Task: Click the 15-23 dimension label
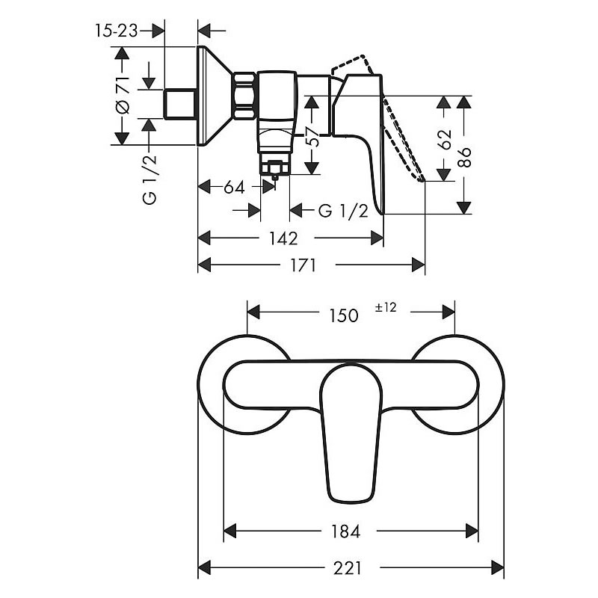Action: (116, 31)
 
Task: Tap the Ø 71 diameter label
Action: (123, 96)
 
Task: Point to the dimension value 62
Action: (445, 140)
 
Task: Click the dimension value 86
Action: (464, 157)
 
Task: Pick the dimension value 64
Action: (234, 188)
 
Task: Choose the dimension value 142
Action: (283, 238)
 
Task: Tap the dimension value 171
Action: (303, 265)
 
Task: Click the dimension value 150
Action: (344, 315)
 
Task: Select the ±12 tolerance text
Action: (386, 307)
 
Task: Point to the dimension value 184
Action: (345, 531)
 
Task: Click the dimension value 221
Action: (347, 567)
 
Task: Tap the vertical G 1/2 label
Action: (149, 179)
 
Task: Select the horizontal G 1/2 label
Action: (343, 211)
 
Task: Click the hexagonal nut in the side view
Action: (244, 96)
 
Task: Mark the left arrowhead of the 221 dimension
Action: (204, 567)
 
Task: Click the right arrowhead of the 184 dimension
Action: (472, 531)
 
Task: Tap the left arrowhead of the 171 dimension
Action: (204, 265)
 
